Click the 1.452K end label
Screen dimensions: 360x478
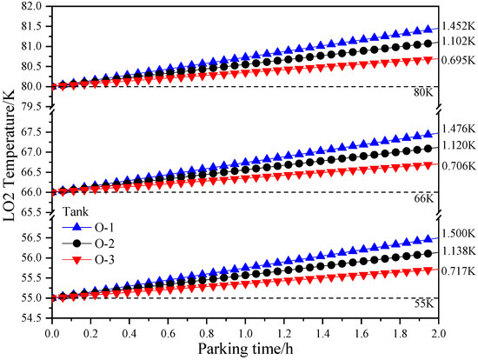(459, 27)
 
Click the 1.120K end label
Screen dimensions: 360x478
(459, 145)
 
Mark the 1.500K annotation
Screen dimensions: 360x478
(459, 234)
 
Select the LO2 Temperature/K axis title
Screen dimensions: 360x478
(11, 162)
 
